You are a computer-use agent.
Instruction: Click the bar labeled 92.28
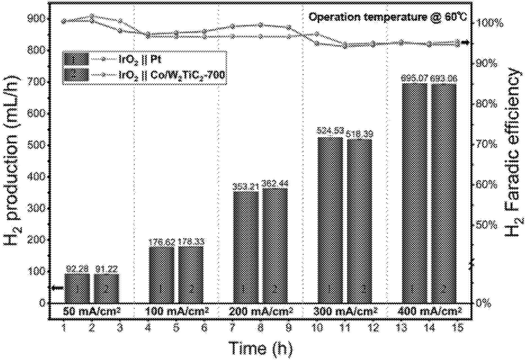(x=77, y=288)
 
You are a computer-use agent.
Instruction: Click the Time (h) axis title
(x=261, y=348)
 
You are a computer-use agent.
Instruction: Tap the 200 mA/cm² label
(x=261, y=312)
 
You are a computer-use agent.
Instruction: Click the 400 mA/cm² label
(x=429, y=312)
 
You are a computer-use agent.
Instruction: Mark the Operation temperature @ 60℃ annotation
(x=388, y=17)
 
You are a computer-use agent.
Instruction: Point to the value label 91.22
(x=106, y=269)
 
